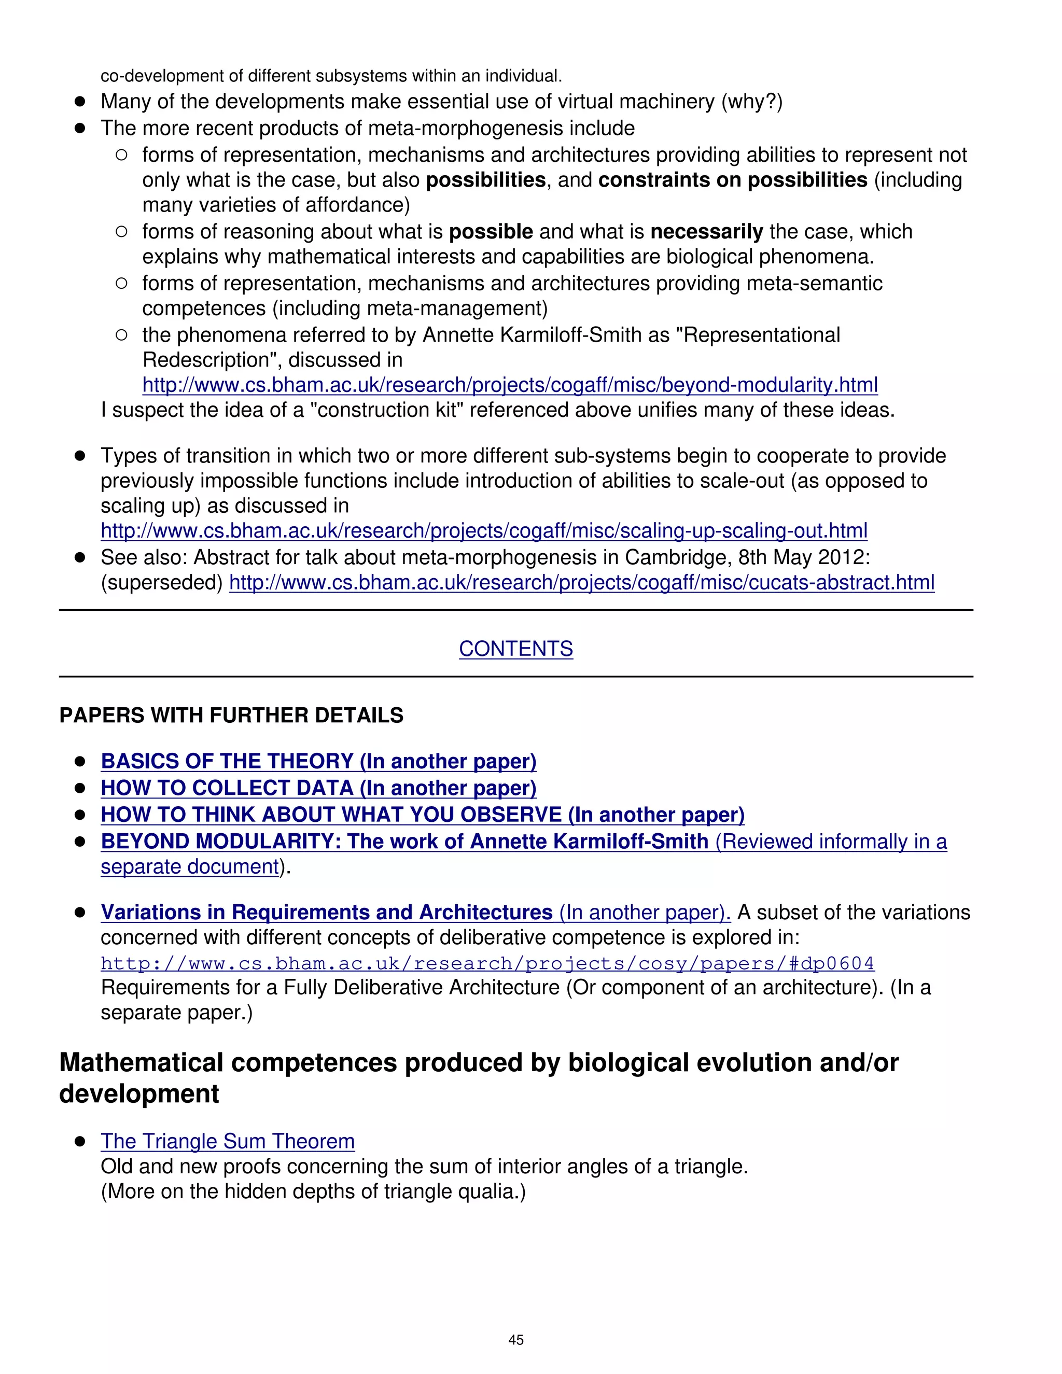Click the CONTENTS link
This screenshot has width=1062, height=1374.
point(515,649)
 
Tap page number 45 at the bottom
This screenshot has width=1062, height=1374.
point(515,1339)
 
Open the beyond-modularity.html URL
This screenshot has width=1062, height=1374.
point(510,385)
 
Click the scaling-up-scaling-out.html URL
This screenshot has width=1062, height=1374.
point(483,531)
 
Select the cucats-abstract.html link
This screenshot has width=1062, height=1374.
point(581,583)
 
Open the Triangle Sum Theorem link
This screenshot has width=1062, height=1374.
point(227,1141)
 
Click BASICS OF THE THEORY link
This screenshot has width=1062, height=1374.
point(318,761)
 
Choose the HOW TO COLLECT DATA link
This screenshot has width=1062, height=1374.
point(318,788)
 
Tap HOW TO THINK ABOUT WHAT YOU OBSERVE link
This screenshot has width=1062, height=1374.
point(422,815)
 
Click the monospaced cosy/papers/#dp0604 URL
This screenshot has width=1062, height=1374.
point(487,963)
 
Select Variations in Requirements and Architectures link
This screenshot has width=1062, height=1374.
point(415,912)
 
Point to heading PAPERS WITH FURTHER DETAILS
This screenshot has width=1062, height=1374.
point(231,716)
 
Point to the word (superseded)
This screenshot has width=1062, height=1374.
point(162,583)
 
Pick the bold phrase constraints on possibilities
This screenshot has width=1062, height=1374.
point(732,180)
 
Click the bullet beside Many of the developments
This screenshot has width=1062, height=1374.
point(80,101)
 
